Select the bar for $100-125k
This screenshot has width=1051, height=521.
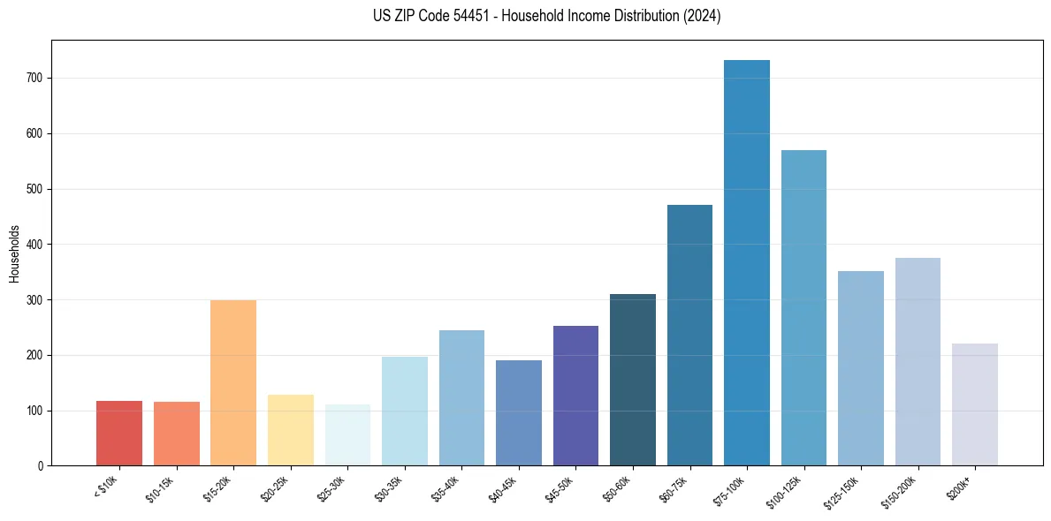[x=803, y=308]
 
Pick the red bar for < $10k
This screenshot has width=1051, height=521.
[x=119, y=434]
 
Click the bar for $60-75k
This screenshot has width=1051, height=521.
[x=689, y=336]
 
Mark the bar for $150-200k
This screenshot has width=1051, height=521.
[x=918, y=362]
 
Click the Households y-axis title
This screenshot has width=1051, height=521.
[x=14, y=253]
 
